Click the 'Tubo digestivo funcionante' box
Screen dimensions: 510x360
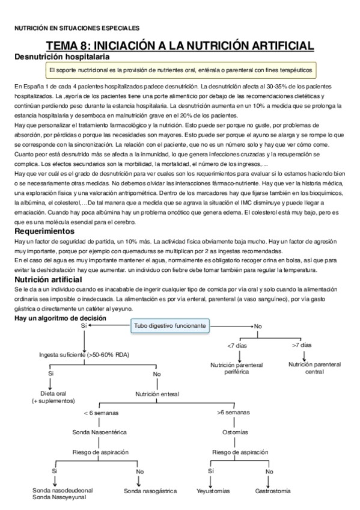(170, 325)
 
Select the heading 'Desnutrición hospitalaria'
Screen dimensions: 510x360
(61, 57)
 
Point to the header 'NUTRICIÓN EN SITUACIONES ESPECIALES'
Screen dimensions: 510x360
(76, 28)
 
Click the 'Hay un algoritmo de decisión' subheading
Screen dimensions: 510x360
(60, 318)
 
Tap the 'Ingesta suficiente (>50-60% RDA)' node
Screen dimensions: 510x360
(87, 355)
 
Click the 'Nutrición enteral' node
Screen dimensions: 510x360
(157, 394)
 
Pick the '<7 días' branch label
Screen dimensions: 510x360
(236, 345)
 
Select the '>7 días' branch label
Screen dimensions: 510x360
(302, 345)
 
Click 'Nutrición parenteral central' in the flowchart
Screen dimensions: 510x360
(314, 368)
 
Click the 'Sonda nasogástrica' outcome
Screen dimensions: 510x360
(150, 491)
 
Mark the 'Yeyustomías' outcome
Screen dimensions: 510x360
(213, 491)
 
